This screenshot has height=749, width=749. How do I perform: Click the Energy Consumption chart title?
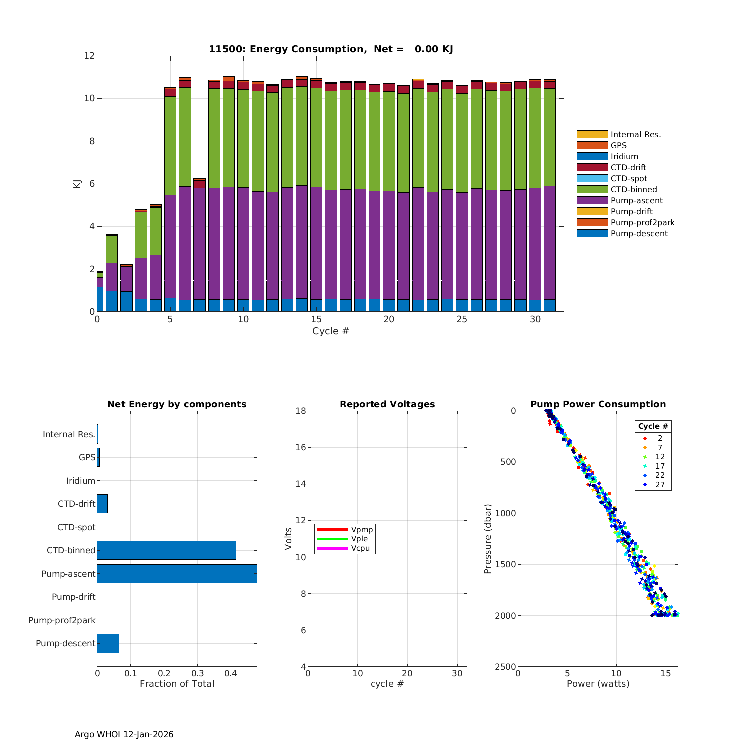pos(331,49)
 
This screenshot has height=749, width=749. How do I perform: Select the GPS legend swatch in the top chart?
pos(592,145)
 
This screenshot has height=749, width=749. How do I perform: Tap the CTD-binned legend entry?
pos(633,189)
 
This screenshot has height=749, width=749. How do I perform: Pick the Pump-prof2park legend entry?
pos(642,222)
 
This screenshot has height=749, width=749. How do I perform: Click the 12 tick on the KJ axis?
pos(89,56)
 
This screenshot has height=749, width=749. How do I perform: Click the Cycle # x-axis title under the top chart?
pos(330,331)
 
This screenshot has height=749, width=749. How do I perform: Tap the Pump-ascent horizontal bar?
pos(177,574)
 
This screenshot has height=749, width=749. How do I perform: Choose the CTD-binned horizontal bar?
pos(166,550)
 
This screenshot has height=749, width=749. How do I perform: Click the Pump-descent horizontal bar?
pos(108,643)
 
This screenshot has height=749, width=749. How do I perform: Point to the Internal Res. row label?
pos(69,434)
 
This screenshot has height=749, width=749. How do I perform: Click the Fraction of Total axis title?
pos(177,684)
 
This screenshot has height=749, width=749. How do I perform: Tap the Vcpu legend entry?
pos(360,548)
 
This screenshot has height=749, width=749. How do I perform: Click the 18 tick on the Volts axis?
pos(301,411)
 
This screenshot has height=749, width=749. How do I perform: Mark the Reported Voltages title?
pos(387,404)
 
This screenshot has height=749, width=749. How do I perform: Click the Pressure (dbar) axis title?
pos(488,539)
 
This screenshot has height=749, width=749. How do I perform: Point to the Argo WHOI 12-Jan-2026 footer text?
pos(124,734)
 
